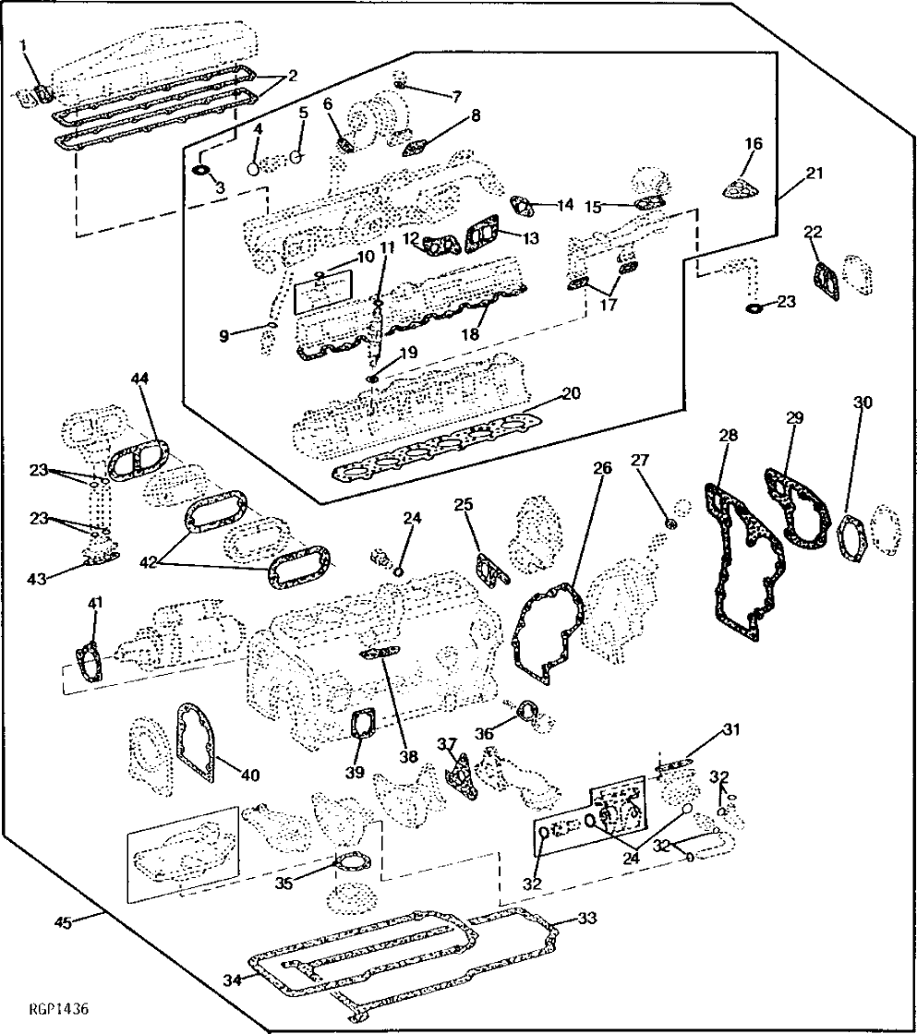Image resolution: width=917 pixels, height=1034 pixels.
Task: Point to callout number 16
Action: pos(754,143)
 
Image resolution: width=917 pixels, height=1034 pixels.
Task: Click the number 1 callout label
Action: pos(25,44)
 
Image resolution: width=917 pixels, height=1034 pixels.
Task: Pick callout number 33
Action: pos(587,919)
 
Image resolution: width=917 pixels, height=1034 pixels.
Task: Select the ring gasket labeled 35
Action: pos(346,864)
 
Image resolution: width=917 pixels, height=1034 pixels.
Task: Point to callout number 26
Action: pos(602,468)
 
